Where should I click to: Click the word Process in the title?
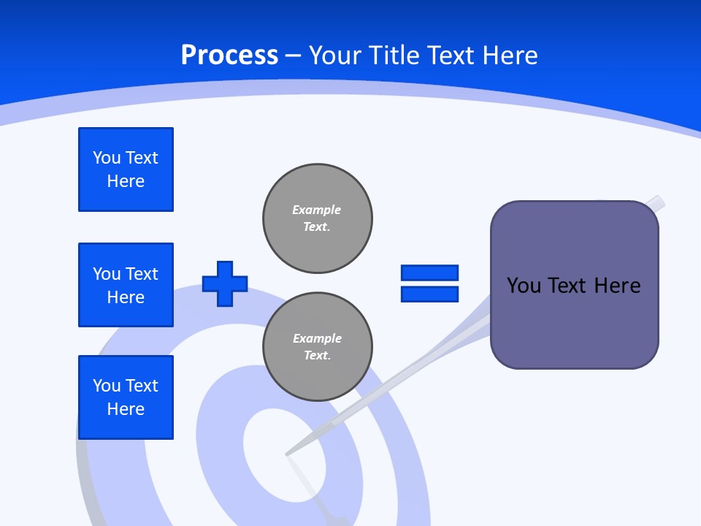pos(229,55)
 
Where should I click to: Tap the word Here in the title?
pos(510,56)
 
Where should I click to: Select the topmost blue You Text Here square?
pos(126,169)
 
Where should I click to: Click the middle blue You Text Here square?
pos(126,285)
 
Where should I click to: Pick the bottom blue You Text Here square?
pos(126,397)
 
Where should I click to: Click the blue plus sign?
pos(225,283)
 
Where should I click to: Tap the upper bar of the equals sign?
pos(429,272)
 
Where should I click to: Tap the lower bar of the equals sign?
pos(429,294)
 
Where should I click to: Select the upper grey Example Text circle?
pos(318,218)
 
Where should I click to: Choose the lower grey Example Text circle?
pos(318,347)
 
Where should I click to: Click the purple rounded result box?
pos(574,321)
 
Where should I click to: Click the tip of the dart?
pos(287,454)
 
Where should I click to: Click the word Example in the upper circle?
pos(316,210)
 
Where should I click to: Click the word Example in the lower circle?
pos(317,338)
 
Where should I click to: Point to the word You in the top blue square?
pos(107,158)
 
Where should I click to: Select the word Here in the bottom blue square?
pos(126,409)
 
